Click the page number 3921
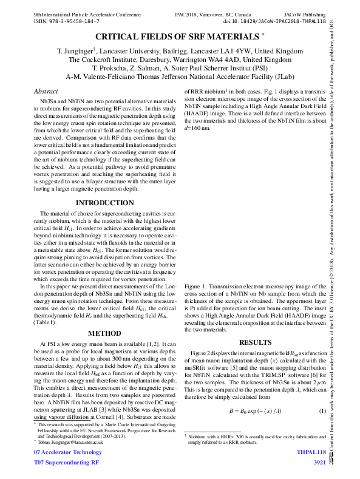tap(319, 463)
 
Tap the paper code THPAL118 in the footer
tap(311, 453)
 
